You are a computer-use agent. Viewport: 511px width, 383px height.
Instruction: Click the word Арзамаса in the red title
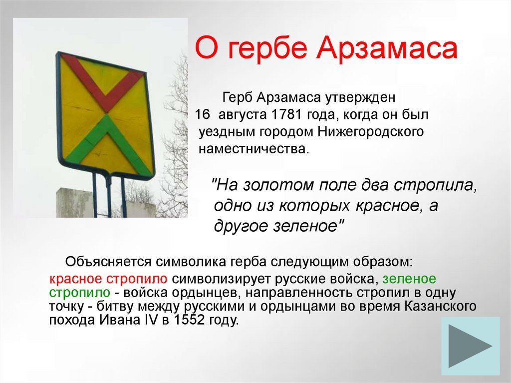[x=387, y=48]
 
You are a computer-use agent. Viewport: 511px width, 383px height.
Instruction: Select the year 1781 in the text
[x=285, y=114]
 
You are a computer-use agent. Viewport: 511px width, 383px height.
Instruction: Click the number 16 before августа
[x=202, y=114]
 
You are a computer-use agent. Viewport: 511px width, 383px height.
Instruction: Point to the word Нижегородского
[x=371, y=132]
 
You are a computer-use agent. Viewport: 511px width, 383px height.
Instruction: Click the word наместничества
[x=254, y=149]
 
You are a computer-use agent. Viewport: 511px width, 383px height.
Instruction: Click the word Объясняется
[x=108, y=262]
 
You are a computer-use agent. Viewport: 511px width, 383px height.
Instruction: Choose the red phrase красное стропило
[x=108, y=279]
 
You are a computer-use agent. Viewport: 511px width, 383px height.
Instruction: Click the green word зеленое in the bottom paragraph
[x=409, y=279]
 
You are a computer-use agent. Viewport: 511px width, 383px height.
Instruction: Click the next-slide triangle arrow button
[x=470, y=346]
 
